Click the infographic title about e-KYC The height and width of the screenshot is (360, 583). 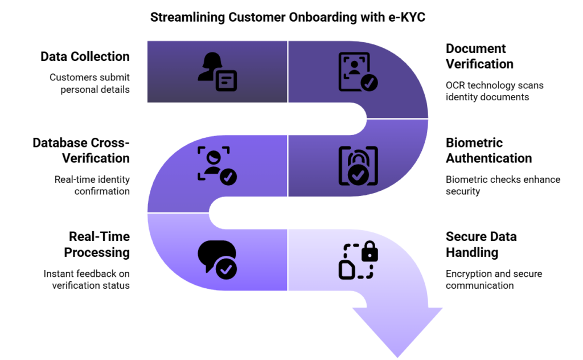[288, 18]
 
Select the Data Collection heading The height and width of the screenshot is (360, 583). [85, 56]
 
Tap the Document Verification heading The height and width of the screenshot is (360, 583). [479, 56]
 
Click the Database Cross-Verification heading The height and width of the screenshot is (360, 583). [81, 150]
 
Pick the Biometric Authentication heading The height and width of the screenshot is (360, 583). [488, 150]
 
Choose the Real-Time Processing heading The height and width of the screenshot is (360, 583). [97, 244]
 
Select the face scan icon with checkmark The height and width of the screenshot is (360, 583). [217, 166]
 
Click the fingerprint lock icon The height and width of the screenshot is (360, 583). [358, 166]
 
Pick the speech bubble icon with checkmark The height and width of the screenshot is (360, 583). [217, 260]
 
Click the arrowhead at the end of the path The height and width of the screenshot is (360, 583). [397, 330]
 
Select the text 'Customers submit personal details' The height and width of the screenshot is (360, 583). [89, 84]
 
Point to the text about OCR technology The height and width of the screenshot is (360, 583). [494, 91]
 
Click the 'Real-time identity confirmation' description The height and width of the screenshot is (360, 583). [92, 185]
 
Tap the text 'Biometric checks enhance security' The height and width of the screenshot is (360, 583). [503, 185]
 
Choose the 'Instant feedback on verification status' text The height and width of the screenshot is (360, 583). [87, 279]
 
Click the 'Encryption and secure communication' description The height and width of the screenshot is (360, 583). [494, 279]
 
